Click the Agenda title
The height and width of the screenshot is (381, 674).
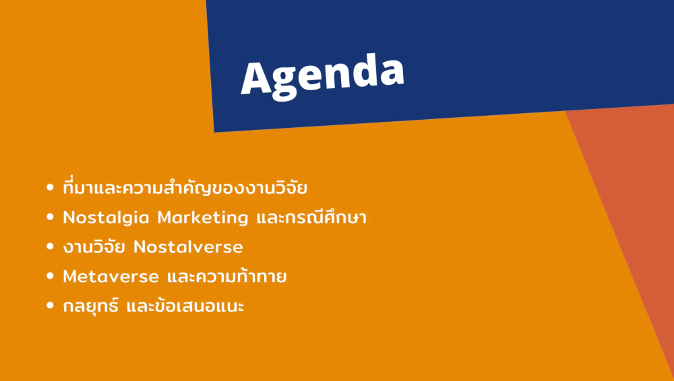322,77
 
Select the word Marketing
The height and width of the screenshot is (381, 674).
203,218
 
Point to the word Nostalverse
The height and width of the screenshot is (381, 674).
188,247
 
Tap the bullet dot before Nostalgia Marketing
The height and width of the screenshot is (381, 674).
50,217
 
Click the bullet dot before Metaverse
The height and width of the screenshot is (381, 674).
50,276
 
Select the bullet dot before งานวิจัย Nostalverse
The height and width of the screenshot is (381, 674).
50,247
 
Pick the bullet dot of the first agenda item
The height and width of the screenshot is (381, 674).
50,188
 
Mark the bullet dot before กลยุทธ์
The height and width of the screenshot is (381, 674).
50,306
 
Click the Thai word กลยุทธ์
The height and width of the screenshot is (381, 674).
91,305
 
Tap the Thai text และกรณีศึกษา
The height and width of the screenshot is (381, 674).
311,217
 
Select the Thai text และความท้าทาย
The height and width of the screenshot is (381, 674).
226,275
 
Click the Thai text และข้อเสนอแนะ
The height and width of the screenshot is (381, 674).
185,306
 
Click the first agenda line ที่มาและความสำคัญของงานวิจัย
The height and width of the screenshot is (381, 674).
185,188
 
